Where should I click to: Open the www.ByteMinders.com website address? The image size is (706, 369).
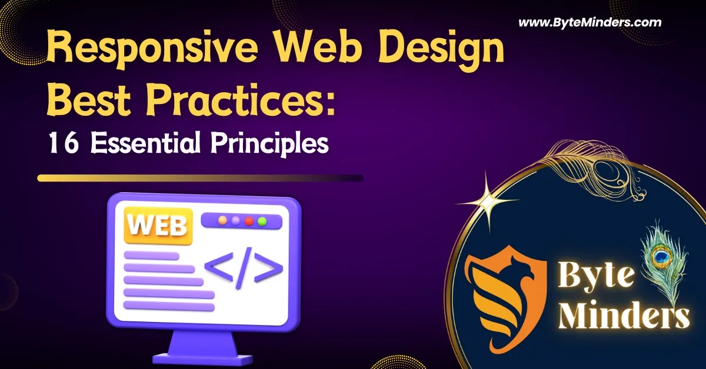590,23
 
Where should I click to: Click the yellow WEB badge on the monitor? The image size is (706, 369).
157,226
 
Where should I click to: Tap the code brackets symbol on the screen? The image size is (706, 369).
243,267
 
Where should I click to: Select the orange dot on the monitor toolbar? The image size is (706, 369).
222,221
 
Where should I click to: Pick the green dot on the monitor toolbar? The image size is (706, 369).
262,221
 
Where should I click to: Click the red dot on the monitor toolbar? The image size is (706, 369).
249,221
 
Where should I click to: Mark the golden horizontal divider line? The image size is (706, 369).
200,177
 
